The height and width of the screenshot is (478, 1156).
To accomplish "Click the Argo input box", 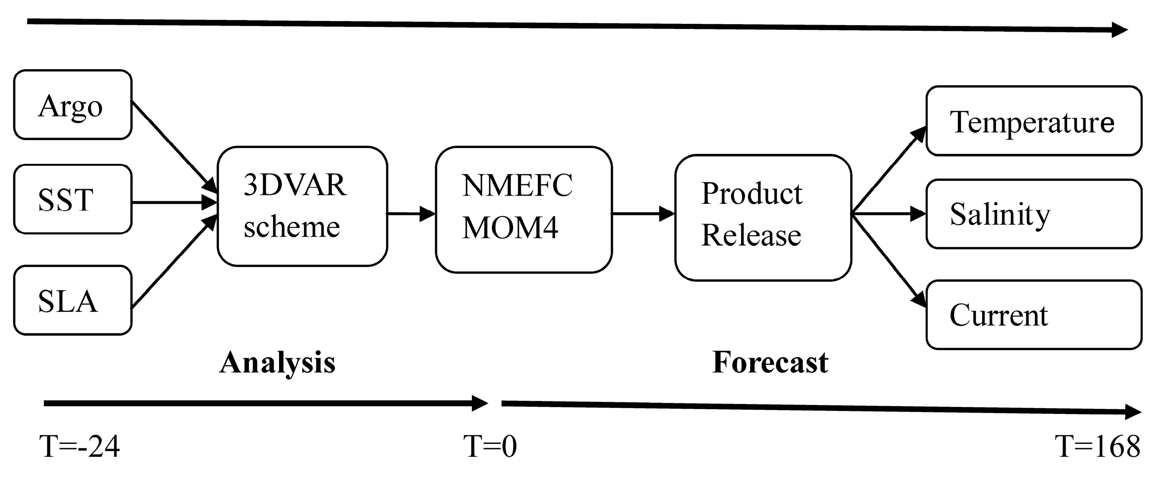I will click(72, 105).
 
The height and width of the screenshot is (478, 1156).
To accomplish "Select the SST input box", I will click(72, 199).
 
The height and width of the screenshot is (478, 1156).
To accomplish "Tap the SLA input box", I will click(72, 300).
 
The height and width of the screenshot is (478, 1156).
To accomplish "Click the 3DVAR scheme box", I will click(302, 206).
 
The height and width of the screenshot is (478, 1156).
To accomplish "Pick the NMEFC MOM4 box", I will click(523, 209).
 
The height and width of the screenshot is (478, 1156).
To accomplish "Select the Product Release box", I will click(763, 218).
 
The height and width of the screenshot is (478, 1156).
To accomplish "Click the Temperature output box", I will click(1034, 121).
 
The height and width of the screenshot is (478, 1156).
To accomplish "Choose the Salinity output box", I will click(1034, 214).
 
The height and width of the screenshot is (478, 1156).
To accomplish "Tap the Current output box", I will click(1034, 314).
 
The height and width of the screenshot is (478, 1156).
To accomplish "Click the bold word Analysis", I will click(277, 362).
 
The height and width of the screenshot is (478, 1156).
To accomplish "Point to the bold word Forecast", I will click(770, 362).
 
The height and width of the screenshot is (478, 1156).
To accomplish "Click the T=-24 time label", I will click(80, 446).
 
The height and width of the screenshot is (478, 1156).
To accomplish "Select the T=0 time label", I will click(490, 446).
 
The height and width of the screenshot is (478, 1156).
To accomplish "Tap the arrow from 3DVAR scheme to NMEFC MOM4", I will click(411, 214).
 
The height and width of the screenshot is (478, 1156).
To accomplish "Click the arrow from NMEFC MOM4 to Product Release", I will click(642, 214).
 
